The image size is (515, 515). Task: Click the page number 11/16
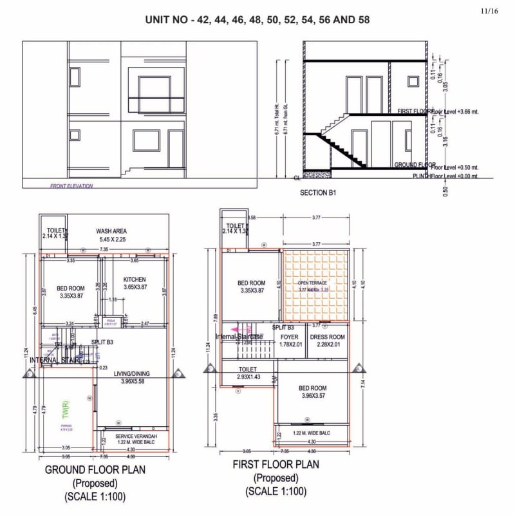pyautogui.click(x=490, y=11)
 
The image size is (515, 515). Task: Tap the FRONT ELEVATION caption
pyautogui.click(x=71, y=186)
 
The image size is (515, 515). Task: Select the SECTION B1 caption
pyautogui.click(x=318, y=192)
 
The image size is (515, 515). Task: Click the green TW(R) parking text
pyautogui.click(x=65, y=408)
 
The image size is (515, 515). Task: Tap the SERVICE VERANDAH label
pyautogui.click(x=133, y=437)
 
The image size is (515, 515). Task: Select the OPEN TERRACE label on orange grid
pyautogui.click(x=312, y=283)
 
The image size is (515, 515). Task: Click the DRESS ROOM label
pyautogui.click(x=328, y=337)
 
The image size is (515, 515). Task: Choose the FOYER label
pyautogui.click(x=290, y=337)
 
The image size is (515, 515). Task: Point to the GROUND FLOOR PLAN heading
pyautogui.click(x=95, y=470)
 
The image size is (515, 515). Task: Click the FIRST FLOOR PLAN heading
pyautogui.click(x=276, y=464)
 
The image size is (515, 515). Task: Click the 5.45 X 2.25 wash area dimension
pyautogui.click(x=113, y=239)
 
